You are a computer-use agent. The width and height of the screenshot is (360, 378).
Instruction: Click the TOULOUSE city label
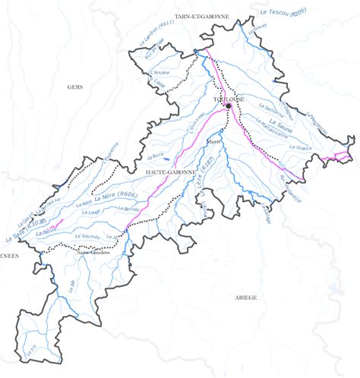[229, 99]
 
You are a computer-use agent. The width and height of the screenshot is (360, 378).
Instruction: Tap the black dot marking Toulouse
[228, 107]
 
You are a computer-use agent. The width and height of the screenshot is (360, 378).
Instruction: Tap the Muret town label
[214, 141]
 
